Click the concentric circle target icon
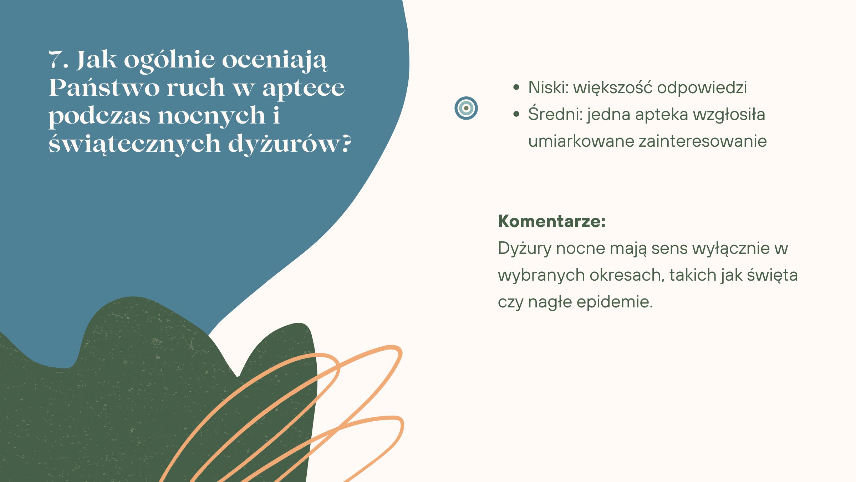click(466, 108)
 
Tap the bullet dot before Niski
click(516, 88)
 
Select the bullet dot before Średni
click(516, 115)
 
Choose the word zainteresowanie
click(703, 141)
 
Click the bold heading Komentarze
click(552, 221)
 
